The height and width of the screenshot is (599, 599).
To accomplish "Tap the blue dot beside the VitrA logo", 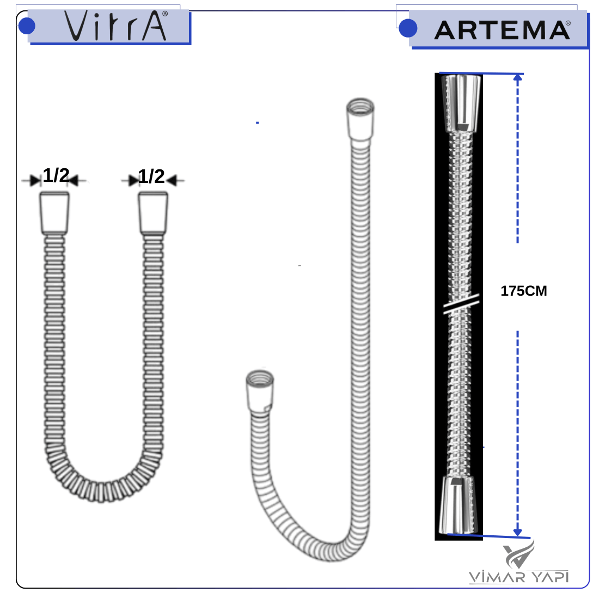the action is [27, 26].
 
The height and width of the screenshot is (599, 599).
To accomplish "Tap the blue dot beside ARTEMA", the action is [408, 28].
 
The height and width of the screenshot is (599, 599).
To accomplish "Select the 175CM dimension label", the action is [524, 291].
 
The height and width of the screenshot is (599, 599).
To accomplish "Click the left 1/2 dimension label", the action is [56, 175].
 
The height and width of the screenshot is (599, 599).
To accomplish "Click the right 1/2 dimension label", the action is [151, 176].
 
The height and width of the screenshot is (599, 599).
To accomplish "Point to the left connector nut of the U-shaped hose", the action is [54, 213].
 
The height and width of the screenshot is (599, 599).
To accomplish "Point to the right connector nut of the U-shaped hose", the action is [153, 213].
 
